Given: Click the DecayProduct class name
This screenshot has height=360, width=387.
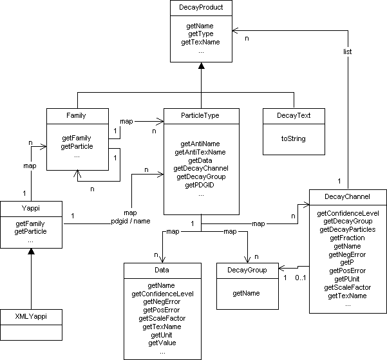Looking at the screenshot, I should coord(201,8).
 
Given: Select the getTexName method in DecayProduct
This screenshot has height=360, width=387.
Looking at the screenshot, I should coord(201,42).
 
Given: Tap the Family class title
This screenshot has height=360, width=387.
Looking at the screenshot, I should coord(76,116).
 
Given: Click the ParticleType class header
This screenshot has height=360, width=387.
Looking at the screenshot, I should coord(201,116).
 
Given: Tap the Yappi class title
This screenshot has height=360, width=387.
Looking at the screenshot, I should coord(31,207).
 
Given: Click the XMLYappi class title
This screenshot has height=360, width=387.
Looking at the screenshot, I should coord(31,317).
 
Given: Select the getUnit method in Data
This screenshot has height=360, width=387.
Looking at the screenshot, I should coord(162,335).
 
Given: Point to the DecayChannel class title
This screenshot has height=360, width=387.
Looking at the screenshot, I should coord(348,197).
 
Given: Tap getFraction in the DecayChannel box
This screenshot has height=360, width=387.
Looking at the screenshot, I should coord(348,237).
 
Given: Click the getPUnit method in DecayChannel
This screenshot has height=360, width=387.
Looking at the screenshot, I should coord(348,279).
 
